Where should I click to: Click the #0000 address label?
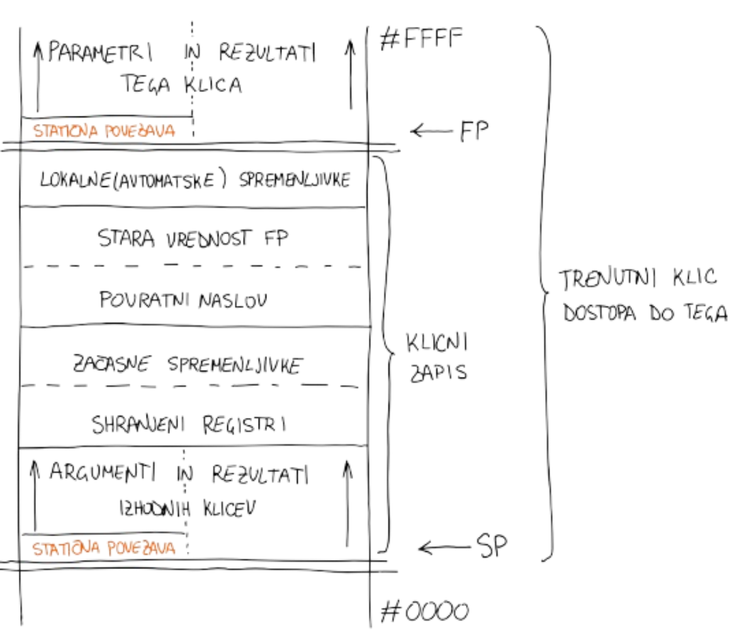[x=424, y=610]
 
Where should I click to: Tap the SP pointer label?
[x=492, y=546]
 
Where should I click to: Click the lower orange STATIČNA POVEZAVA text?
[x=104, y=549]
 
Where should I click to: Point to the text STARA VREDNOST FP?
[x=193, y=237]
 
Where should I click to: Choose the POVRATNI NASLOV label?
[x=183, y=300]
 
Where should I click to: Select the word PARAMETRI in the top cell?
[x=99, y=53]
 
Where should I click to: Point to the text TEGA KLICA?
[x=183, y=84]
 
